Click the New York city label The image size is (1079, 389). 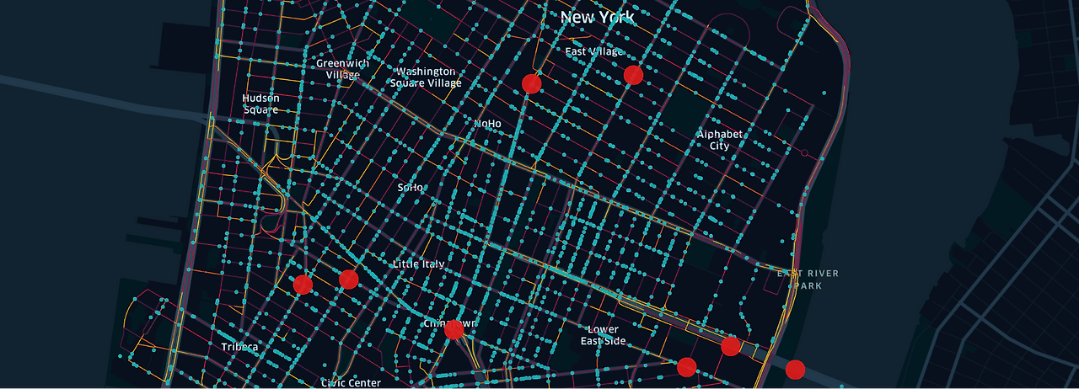click(x=597, y=17)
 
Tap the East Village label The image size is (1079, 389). click(x=593, y=52)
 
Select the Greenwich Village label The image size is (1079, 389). click(x=342, y=69)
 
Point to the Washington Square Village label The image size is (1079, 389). click(x=427, y=77)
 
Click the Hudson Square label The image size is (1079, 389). click(x=261, y=104)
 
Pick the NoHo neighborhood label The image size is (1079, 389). click(x=487, y=124)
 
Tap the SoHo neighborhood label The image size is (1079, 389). click(x=411, y=187)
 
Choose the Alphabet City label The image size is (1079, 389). click(x=719, y=140)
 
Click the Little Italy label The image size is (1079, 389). click(x=418, y=264)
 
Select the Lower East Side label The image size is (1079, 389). click(x=604, y=335)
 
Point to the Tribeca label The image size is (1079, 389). click(x=239, y=347)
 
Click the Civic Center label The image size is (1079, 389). click(x=351, y=383)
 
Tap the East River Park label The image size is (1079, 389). click(x=808, y=279)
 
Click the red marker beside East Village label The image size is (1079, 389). click(x=633, y=75)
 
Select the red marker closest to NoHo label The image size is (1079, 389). click(x=531, y=83)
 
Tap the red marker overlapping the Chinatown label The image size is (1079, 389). click(x=454, y=329)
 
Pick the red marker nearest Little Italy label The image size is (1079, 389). click(x=348, y=279)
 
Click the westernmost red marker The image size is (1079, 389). click(x=303, y=285)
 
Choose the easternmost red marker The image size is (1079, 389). click(x=795, y=369)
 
